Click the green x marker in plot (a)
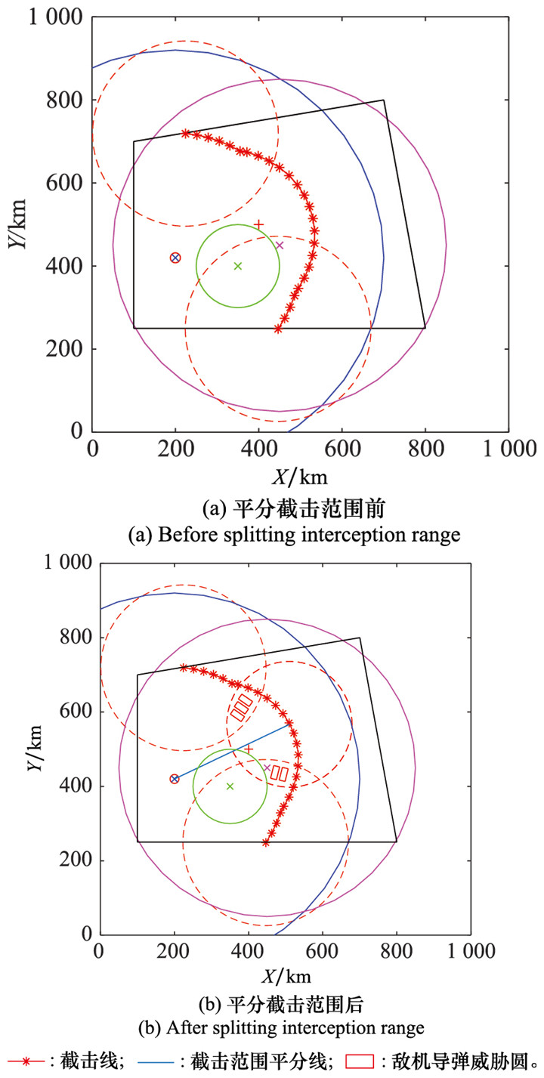point(238,266)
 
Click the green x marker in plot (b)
point(230,786)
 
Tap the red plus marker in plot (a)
point(258,224)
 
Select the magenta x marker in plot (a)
point(280,245)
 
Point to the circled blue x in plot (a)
point(175,258)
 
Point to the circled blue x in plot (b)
point(175,778)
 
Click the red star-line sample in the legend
point(26,1061)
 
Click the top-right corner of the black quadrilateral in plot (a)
point(384,100)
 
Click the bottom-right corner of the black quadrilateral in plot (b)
point(396,842)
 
